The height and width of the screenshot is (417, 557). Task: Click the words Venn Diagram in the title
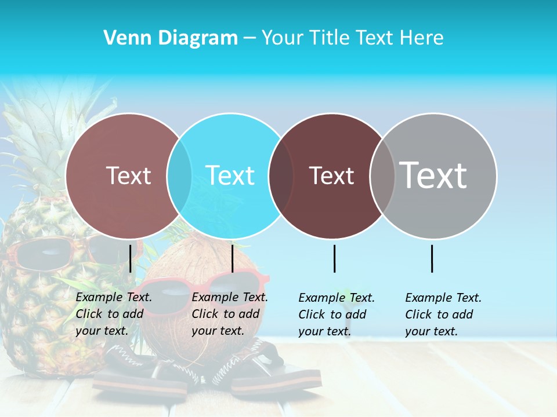(x=171, y=38)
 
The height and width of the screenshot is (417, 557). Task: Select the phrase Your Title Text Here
(x=352, y=38)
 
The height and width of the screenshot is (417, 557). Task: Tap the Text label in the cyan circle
(x=230, y=175)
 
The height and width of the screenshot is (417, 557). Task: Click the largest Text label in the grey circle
(x=433, y=175)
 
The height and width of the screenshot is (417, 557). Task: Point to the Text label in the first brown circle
(x=128, y=175)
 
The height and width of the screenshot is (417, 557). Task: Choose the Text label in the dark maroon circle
(x=331, y=175)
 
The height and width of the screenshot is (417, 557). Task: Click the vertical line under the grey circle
(x=432, y=258)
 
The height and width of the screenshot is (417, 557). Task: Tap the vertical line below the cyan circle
(x=232, y=258)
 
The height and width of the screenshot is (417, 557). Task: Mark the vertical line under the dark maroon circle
(x=334, y=258)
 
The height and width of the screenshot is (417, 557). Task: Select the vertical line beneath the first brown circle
(x=131, y=258)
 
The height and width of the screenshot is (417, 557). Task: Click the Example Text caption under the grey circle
(x=443, y=314)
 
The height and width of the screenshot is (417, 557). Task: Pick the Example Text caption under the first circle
(x=114, y=314)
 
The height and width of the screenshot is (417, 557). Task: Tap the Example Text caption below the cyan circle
(x=230, y=314)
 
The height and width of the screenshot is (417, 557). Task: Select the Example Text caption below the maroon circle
(x=337, y=314)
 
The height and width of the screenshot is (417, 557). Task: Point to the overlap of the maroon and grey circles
(x=382, y=175)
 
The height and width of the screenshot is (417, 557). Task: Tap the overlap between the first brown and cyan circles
(x=179, y=175)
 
